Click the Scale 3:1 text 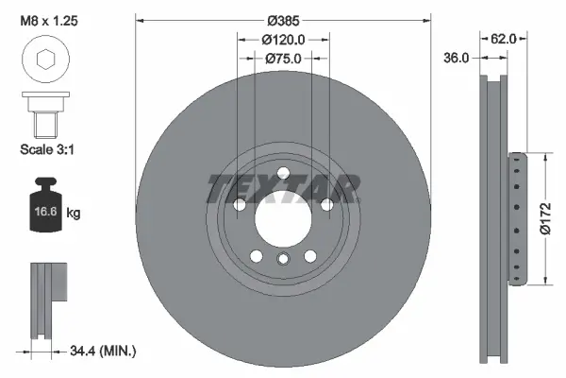[x=46, y=148]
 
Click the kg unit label [x=74, y=214]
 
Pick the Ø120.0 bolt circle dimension [x=282, y=40]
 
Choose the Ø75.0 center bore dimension [x=282, y=59]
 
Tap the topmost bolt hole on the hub [x=282, y=171]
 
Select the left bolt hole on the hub [x=239, y=205]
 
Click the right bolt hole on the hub [x=326, y=205]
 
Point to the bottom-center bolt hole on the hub [x=282, y=260]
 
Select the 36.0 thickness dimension [x=456, y=59]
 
